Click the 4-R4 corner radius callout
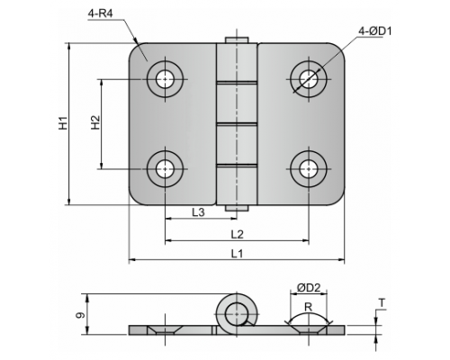coord(101,13)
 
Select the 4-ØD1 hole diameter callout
coord(375,31)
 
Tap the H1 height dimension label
coord(63,123)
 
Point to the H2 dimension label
coord(95,122)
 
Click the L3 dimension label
coord(198,212)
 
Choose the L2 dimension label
coord(237,234)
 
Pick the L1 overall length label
coord(237,254)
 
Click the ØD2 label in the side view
coord(309,288)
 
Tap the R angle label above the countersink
coord(309,307)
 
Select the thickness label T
coord(382,303)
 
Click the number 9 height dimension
coord(80,315)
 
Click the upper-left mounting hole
coord(165,79)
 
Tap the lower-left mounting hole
coord(165,169)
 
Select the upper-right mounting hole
coord(309,79)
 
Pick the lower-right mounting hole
coord(309,169)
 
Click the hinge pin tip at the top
coord(237,40)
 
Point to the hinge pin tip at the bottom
coord(237,208)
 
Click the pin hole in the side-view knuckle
coord(237,314)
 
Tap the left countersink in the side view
coord(165,330)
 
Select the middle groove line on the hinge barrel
coord(237,123)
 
